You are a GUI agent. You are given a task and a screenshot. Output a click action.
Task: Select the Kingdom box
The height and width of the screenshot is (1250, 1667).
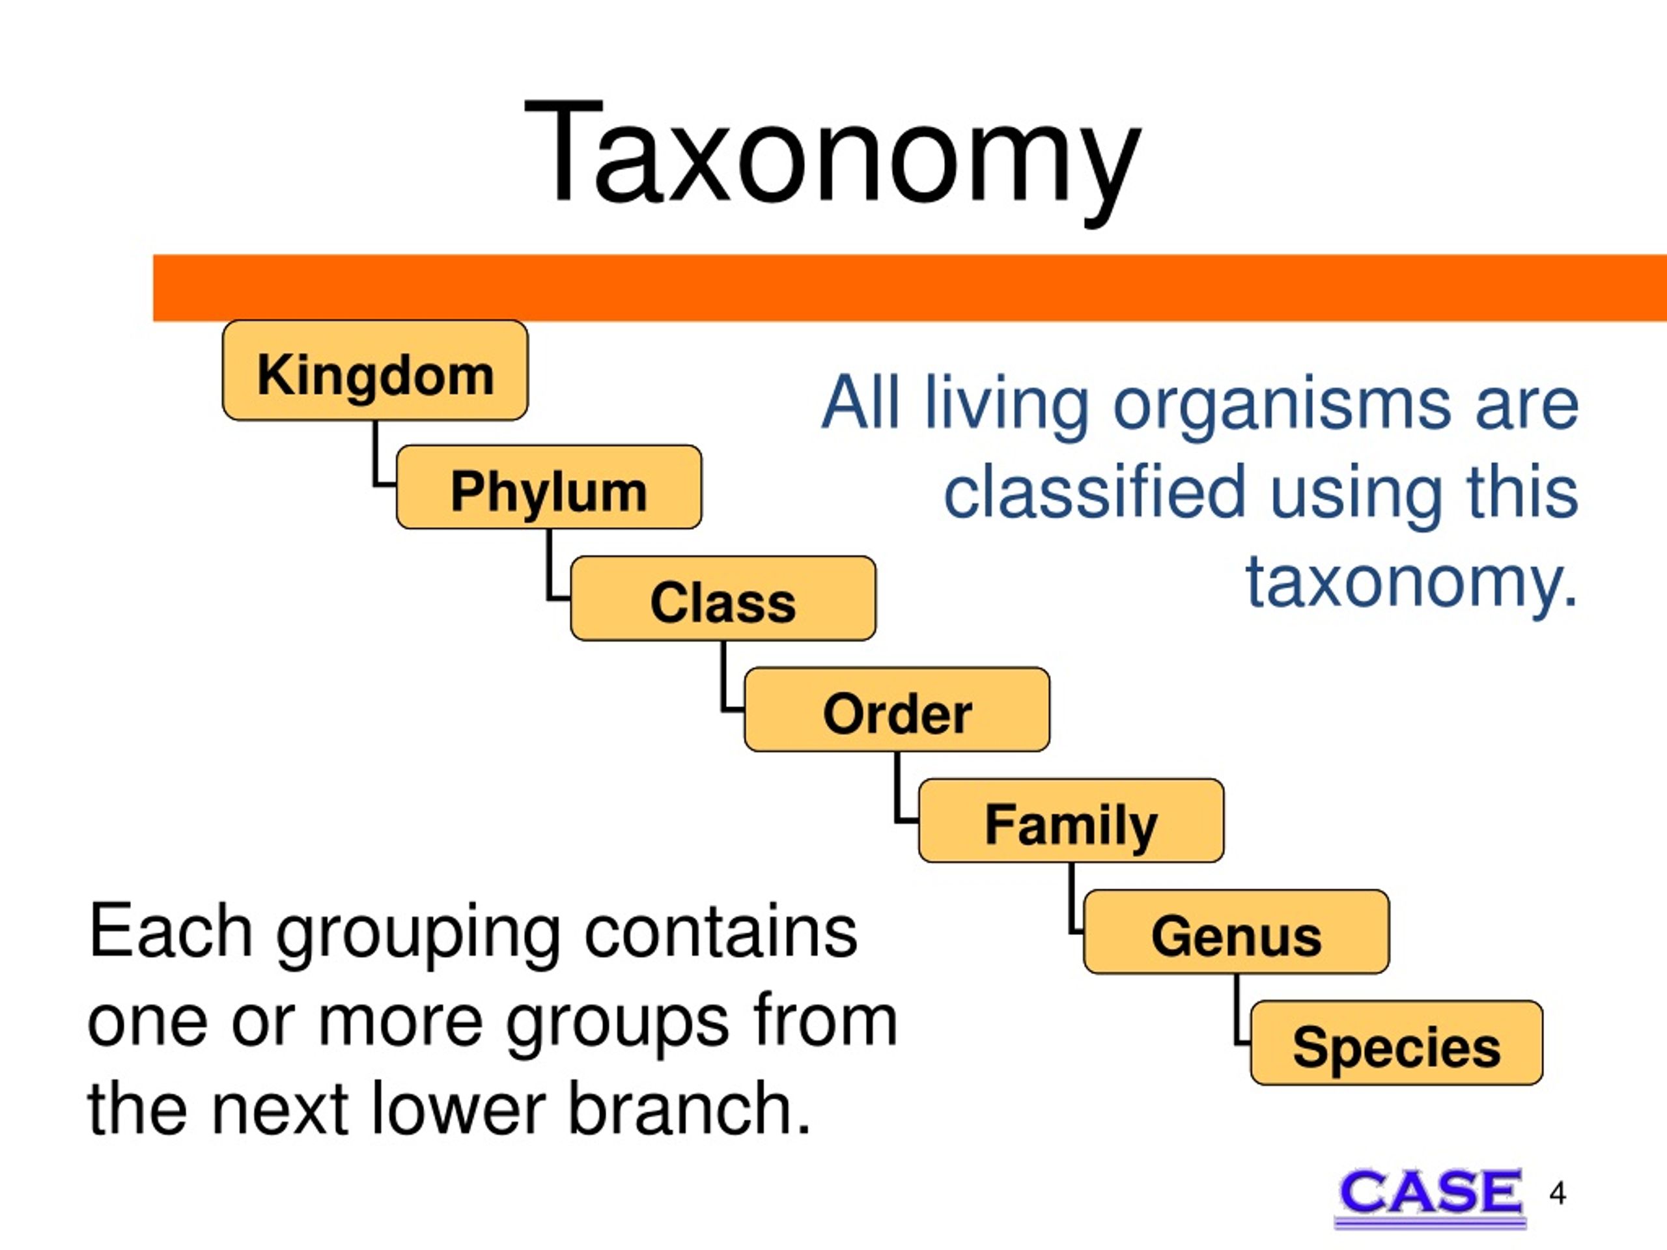pyautogui.click(x=375, y=370)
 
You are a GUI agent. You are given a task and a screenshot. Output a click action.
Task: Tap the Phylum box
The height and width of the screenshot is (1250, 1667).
pyautogui.click(x=549, y=487)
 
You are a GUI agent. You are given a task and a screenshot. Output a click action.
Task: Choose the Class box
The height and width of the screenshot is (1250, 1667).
pyautogui.click(x=723, y=598)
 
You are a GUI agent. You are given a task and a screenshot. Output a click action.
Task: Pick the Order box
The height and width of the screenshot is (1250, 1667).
pyautogui.click(x=897, y=709)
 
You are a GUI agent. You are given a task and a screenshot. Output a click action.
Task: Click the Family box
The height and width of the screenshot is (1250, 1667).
pyautogui.click(x=1071, y=820)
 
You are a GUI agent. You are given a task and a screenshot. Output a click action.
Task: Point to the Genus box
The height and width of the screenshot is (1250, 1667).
pyautogui.click(x=1236, y=931)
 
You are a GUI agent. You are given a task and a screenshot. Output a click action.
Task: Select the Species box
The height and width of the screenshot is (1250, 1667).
pyautogui.click(x=1397, y=1043)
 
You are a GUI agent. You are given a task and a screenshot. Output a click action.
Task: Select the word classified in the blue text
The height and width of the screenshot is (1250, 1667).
pyautogui.click(x=1095, y=492)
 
